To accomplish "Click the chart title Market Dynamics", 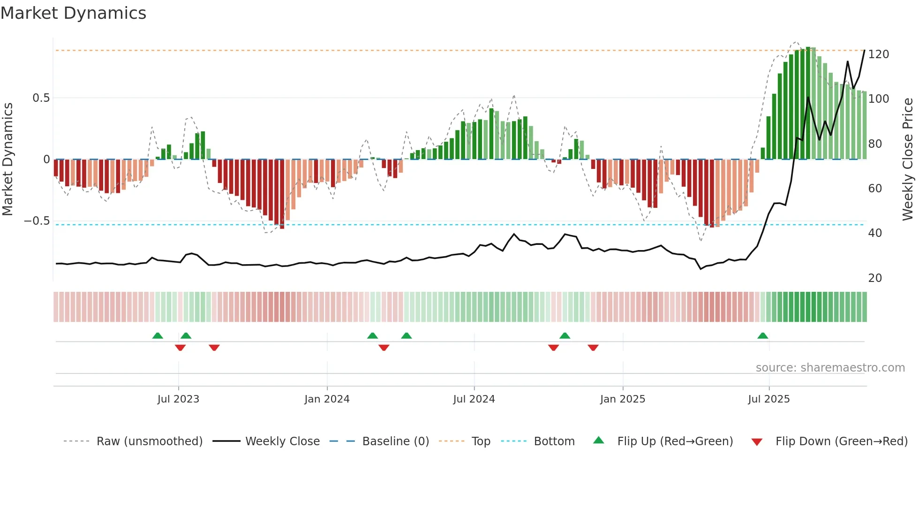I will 73,13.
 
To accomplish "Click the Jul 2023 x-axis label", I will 178,399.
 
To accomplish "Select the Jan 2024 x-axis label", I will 327,399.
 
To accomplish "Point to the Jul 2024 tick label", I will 474,399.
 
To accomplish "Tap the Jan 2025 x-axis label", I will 623,399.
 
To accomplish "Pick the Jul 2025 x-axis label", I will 768,399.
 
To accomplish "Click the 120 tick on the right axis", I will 878,54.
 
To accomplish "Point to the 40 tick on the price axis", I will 875,233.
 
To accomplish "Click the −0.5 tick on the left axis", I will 37,221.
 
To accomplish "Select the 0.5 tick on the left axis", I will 41,98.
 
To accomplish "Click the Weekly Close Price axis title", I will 908,159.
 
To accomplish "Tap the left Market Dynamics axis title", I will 8,159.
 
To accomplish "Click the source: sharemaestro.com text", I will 830,368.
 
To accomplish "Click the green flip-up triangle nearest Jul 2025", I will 763,335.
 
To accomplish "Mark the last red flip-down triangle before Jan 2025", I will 593,348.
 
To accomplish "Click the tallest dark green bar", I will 808,103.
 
